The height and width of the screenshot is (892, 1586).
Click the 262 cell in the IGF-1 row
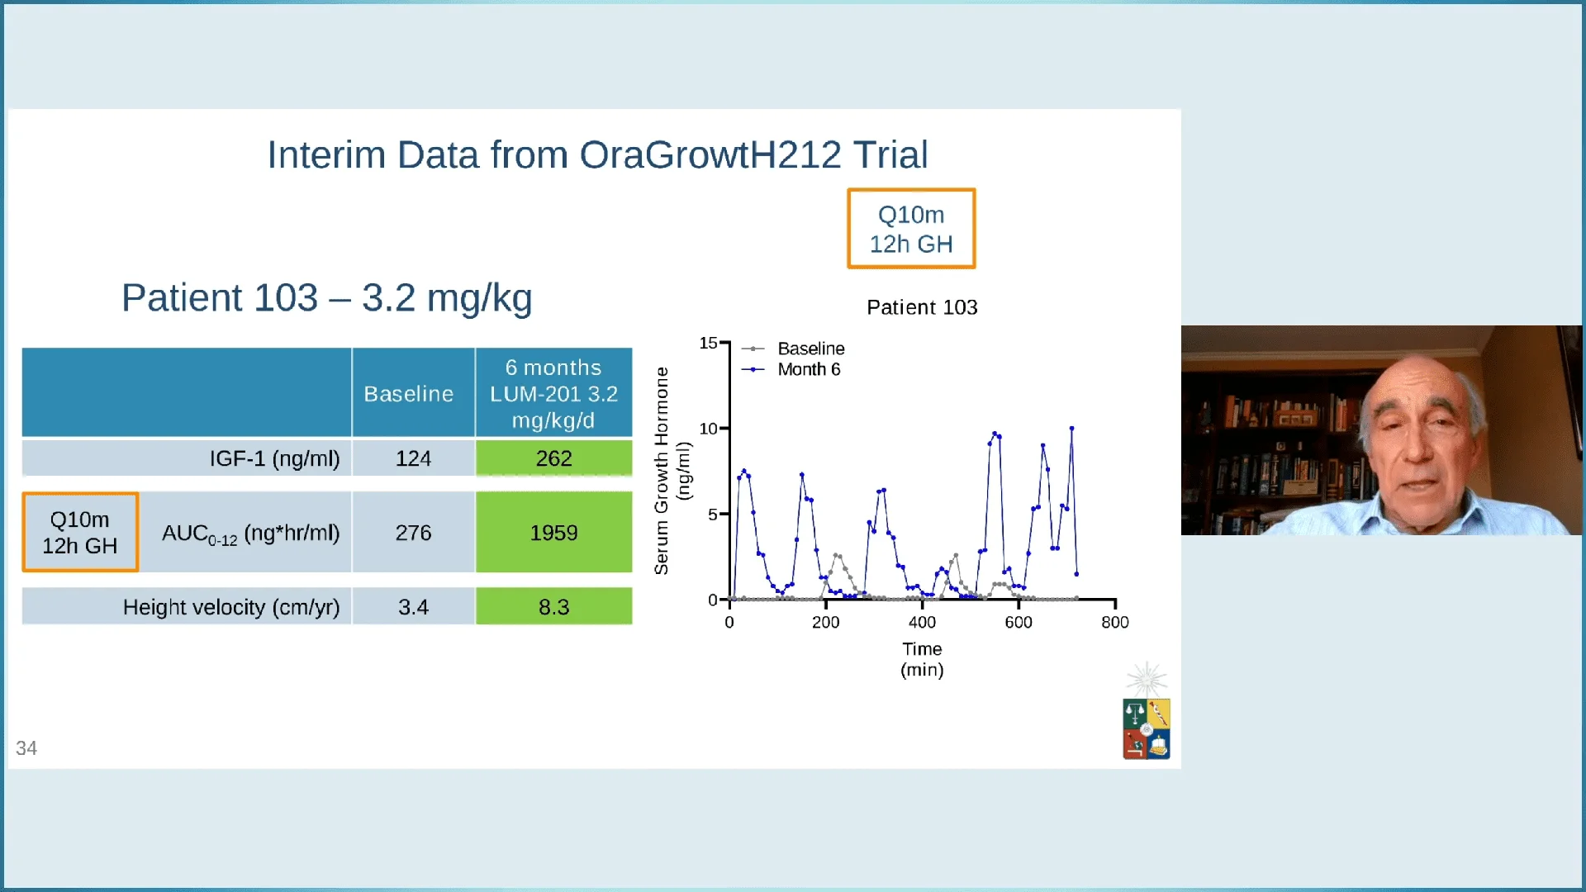click(553, 458)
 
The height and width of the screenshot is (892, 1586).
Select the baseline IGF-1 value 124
click(413, 458)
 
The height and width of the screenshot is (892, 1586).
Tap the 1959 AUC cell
click(553, 533)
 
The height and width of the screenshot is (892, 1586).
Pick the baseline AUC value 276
click(413, 533)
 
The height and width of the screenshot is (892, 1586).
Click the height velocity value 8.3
click(553, 607)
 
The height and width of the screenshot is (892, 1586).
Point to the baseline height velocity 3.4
click(413, 607)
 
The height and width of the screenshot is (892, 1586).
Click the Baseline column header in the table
click(409, 393)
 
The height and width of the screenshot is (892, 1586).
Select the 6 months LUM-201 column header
click(553, 393)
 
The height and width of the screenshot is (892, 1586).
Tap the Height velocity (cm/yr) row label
click(231, 607)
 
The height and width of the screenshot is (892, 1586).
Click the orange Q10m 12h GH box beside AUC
click(80, 533)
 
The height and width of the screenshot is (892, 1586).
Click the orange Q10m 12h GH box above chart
click(911, 229)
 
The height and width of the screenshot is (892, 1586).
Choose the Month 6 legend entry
click(808, 369)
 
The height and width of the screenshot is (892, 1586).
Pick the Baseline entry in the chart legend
click(810, 349)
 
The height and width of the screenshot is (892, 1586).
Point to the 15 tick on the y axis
click(708, 343)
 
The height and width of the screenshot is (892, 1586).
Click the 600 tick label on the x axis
click(1019, 623)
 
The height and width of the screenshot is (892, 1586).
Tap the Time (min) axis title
click(922, 659)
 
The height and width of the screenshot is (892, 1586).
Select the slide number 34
click(26, 748)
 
